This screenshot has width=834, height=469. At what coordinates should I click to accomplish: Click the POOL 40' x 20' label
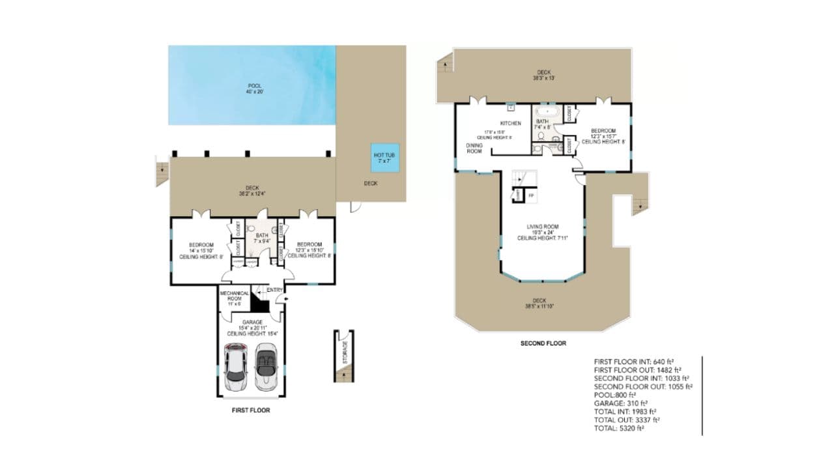click(x=255, y=89)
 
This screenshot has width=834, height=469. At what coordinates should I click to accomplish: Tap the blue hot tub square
click(x=384, y=158)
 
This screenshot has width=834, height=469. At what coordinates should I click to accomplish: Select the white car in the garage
click(x=235, y=367)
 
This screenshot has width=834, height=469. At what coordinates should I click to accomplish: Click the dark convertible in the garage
click(x=267, y=367)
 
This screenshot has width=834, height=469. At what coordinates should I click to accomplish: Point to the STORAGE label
click(x=345, y=352)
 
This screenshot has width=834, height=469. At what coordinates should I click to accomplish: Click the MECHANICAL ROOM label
click(x=234, y=298)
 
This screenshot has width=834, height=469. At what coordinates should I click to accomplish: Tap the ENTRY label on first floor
click(x=274, y=290)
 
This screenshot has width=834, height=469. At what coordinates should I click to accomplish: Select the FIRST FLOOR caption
click(x=251, y=410)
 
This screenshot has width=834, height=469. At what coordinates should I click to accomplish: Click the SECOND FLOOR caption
click(x=543, y=343)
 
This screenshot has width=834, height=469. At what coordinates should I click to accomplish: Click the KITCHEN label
click(x=510, y=123)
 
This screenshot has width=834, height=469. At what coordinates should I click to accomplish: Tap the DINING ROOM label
click(x=474, y=148)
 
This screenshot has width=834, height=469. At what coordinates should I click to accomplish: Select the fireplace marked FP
click(x=531, y=195)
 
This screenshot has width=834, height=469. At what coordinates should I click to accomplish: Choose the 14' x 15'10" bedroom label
click(x=201, y=251)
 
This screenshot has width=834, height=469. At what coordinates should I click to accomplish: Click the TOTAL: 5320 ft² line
click(x=619, y=429)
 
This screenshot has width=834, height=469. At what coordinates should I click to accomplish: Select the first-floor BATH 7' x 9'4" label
click(x=261, y=238)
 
